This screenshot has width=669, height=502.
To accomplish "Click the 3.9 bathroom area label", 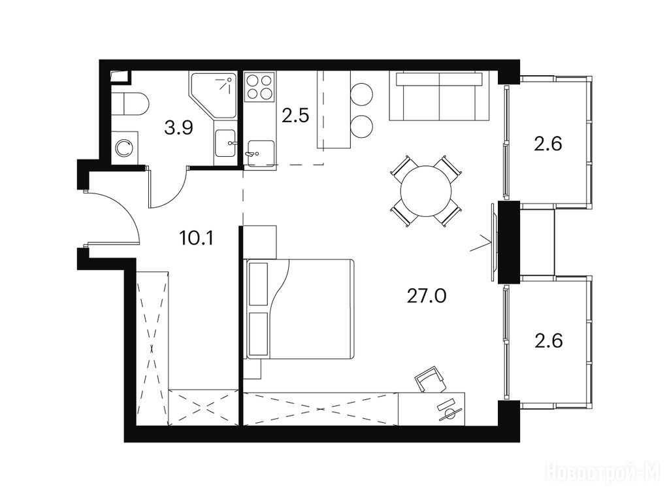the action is [x=179, y=127].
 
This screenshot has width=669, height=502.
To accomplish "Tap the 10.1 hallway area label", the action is [x=196, y=239].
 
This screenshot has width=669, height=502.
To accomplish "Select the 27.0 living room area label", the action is [x=426, y=295].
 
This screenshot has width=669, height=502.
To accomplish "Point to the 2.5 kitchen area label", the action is [x=295, y=116].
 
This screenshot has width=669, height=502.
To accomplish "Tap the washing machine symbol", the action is [x=125, y=148].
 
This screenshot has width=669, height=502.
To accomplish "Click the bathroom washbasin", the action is [x=225, y=143].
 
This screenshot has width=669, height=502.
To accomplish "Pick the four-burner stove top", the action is [x=259, y=87].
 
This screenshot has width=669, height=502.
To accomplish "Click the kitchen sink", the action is [x=260, y=152].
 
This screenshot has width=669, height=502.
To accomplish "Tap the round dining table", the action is [x=426, y=191].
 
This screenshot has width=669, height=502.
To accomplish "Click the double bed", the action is [x=299, y=309].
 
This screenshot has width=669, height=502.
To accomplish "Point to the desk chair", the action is [x=431, y=379].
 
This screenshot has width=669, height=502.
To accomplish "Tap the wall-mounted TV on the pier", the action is [x=494, y=242].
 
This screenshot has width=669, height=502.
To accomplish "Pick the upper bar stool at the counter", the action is [x=362, y=93].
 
